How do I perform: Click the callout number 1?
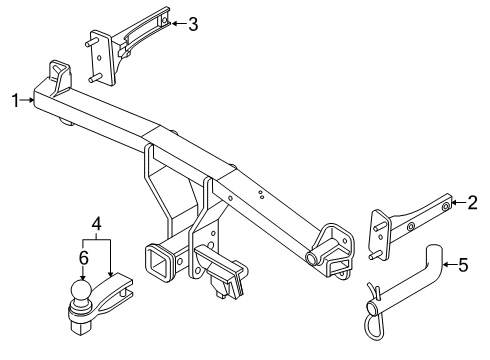14,99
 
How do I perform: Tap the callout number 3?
193,22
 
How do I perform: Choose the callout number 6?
84,258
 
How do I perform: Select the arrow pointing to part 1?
29,99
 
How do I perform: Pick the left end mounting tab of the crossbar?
60,75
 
